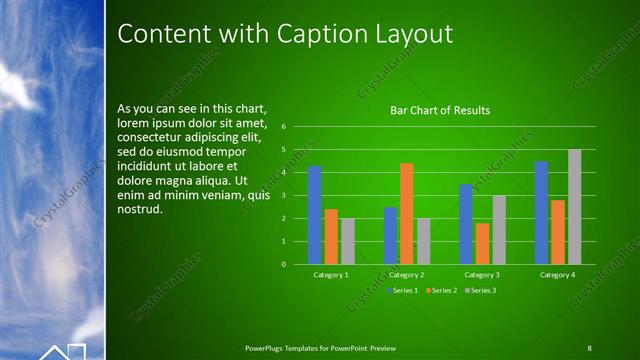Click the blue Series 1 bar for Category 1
314,215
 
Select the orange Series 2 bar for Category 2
406,213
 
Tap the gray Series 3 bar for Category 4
574,207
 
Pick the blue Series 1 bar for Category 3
465,224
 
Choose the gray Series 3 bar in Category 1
348,241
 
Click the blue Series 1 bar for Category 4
541,212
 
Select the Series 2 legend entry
440,290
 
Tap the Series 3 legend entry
480,290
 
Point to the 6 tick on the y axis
284,127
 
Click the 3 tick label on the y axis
284,196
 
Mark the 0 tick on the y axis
284,265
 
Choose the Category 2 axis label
407,274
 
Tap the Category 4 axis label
557,274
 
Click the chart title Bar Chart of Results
440,110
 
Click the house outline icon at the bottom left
62,351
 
